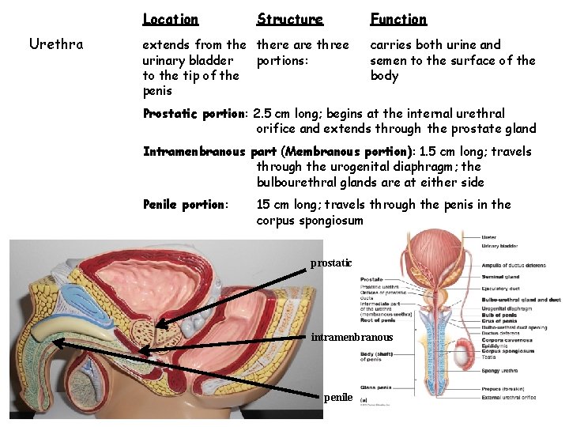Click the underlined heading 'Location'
(x=170, y=19)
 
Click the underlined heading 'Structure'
(x=290, y=19)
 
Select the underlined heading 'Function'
(x=398, y=19)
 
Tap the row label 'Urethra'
(x=55, y=44)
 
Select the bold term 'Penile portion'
(x=184, y=205)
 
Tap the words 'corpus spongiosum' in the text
(x=310, y=221)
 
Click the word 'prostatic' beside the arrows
(x=330, y=263)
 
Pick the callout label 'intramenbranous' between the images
(x=352, y=338)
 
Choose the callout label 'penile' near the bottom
(x=337, y=397)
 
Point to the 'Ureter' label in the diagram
(x=489, y=236)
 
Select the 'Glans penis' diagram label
(x=375, y=388)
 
